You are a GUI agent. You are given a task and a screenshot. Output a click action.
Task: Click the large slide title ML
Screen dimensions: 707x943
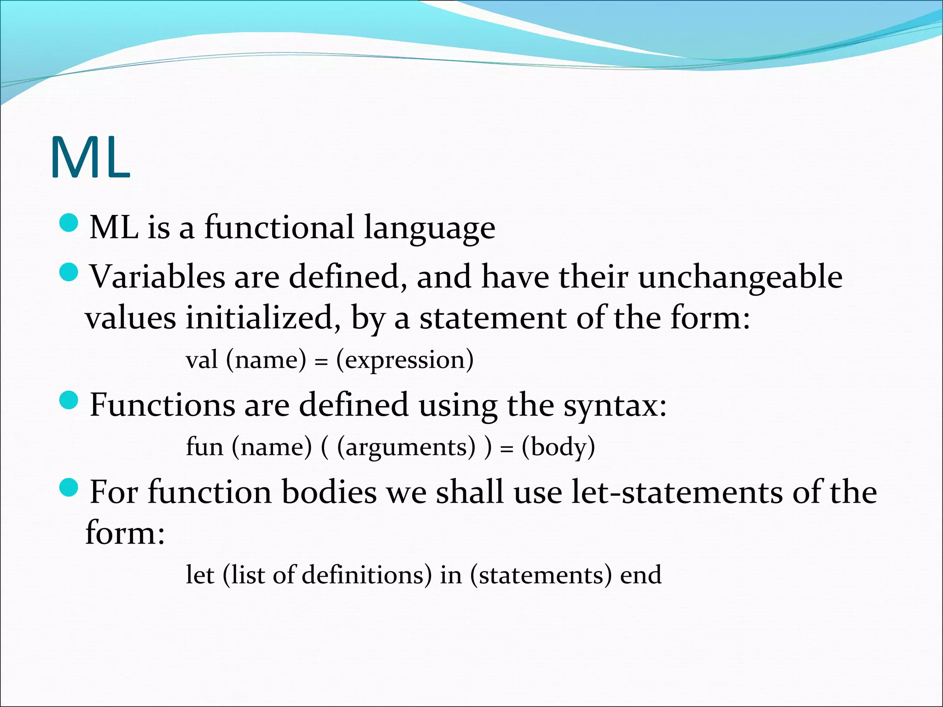[90, 158]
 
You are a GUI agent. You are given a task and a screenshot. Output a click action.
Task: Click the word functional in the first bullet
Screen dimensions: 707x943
[279, 227]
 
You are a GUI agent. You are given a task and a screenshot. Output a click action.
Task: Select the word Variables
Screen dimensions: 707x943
[157, 277]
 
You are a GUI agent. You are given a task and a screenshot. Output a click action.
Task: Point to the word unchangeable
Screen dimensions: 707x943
[740, 278]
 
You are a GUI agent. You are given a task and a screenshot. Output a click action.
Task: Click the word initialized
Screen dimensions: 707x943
[263, 319]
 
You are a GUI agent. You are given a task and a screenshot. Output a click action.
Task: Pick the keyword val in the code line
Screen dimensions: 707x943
[202, 359]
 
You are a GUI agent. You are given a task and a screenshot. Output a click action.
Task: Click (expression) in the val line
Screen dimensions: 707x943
[405, 360]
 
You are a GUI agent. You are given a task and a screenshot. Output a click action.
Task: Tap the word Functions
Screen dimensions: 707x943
[162, 405]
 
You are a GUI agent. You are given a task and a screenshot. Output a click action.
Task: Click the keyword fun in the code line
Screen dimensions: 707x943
[204, 446]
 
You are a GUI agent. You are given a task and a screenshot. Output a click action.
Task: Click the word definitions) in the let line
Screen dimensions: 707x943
[367, 575]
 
